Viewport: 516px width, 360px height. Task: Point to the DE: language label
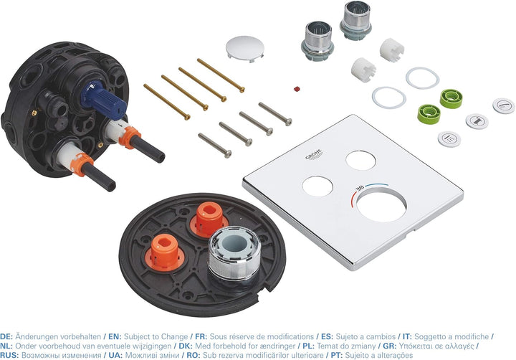click(6, 336)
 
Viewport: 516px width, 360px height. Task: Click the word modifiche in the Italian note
click(472, 336)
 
